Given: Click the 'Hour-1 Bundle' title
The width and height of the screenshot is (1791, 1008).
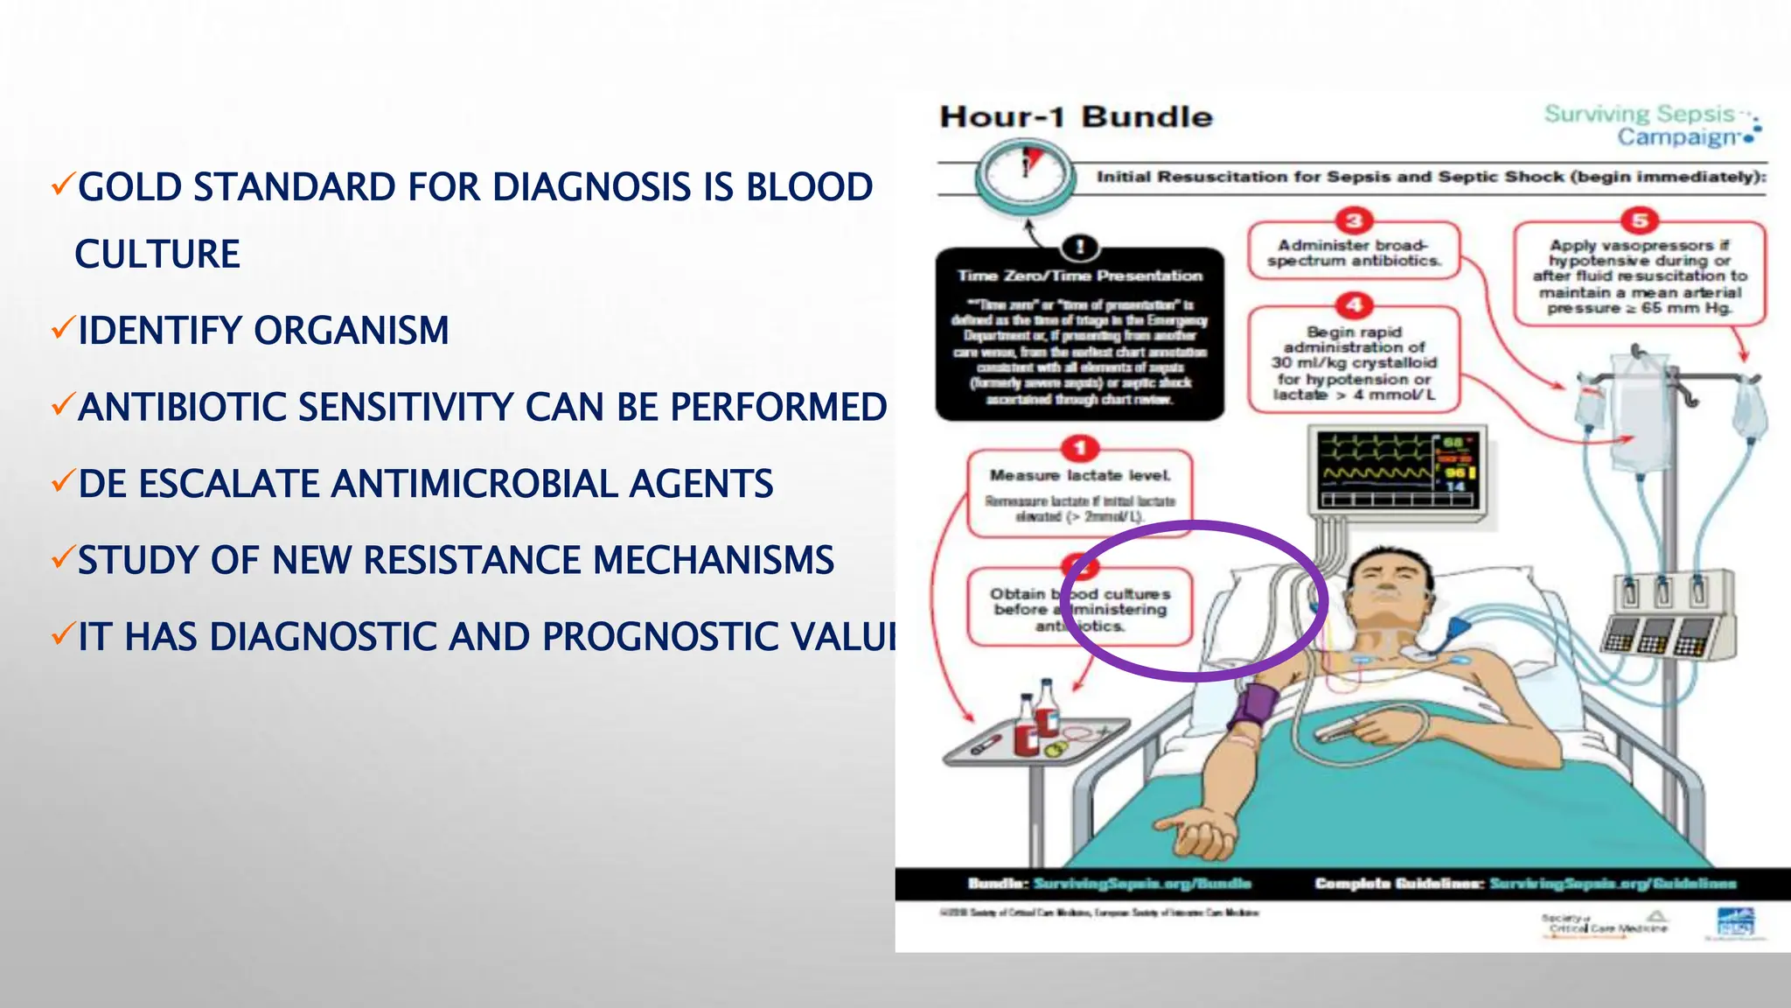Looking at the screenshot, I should point(1076,117).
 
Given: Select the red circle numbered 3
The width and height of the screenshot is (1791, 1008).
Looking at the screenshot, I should point(1354,220).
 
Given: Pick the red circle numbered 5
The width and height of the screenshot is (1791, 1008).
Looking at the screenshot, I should point(1640,220).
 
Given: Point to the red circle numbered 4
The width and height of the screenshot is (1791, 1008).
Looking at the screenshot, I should point(1354,305).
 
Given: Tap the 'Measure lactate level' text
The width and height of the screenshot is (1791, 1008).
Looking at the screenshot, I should point(1080,475).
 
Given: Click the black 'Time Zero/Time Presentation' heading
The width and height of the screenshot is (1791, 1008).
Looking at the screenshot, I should point(1080,276).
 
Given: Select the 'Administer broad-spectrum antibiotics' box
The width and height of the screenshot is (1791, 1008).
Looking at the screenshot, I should point(1354,253).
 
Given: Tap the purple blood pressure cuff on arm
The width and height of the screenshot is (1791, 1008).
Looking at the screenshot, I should point(1253,706).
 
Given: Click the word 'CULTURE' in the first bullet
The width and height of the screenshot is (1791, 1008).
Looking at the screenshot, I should point(157,255).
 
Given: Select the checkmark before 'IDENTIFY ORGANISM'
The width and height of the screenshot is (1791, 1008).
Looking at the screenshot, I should point(62,329).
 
